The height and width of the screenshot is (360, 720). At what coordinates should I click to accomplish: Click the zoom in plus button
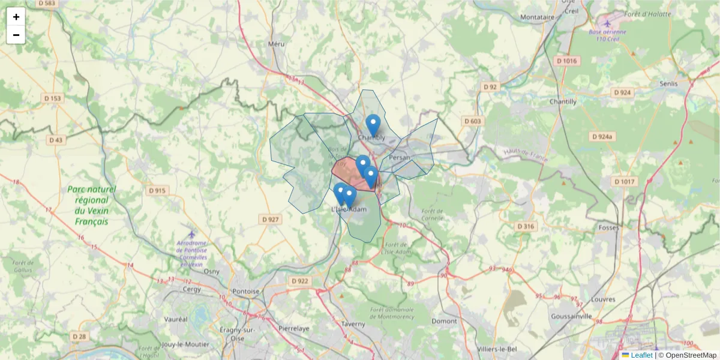coord(16,17)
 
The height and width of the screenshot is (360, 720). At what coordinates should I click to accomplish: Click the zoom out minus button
coord(16,35)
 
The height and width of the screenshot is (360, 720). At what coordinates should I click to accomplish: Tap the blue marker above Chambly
coord(373,125)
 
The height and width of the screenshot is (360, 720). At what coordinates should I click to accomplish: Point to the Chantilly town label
coord(563,102)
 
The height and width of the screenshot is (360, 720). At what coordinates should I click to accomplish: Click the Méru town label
coord(276,44)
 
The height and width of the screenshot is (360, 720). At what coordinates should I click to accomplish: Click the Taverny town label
coord(353,324)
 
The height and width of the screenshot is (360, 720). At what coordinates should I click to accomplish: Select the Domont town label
coord(445,321)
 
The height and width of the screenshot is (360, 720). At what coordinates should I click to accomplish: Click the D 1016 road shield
coord(566,61)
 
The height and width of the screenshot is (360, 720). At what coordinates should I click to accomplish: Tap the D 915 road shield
coord(158,191)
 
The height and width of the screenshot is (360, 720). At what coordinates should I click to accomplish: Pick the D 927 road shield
coord(271,220)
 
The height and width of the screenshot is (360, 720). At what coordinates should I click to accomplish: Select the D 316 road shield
coord(526,226)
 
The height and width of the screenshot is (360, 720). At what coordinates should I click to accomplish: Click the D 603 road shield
coord(472,121)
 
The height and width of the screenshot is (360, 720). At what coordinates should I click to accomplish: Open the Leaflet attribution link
coord(641,355)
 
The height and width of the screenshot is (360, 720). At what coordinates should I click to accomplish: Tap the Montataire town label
coord(538,17)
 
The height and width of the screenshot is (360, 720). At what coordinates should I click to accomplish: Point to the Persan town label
coord(400,157)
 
